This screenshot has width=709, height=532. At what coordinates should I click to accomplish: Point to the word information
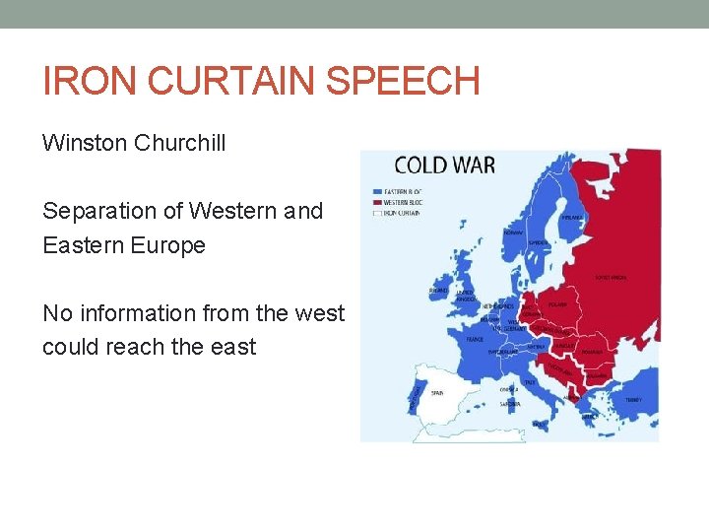(x=139, y=313)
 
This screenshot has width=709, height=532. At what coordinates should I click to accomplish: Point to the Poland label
(x=556, y=305)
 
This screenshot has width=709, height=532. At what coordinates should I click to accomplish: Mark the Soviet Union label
(x=611, y=279)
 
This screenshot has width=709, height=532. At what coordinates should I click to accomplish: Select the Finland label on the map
(x=570, y=219)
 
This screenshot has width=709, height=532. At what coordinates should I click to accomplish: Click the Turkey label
(x=632, y=399)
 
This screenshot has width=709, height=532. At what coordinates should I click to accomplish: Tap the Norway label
(x=513, y=233)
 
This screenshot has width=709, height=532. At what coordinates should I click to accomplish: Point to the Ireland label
(x=437, y=291)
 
